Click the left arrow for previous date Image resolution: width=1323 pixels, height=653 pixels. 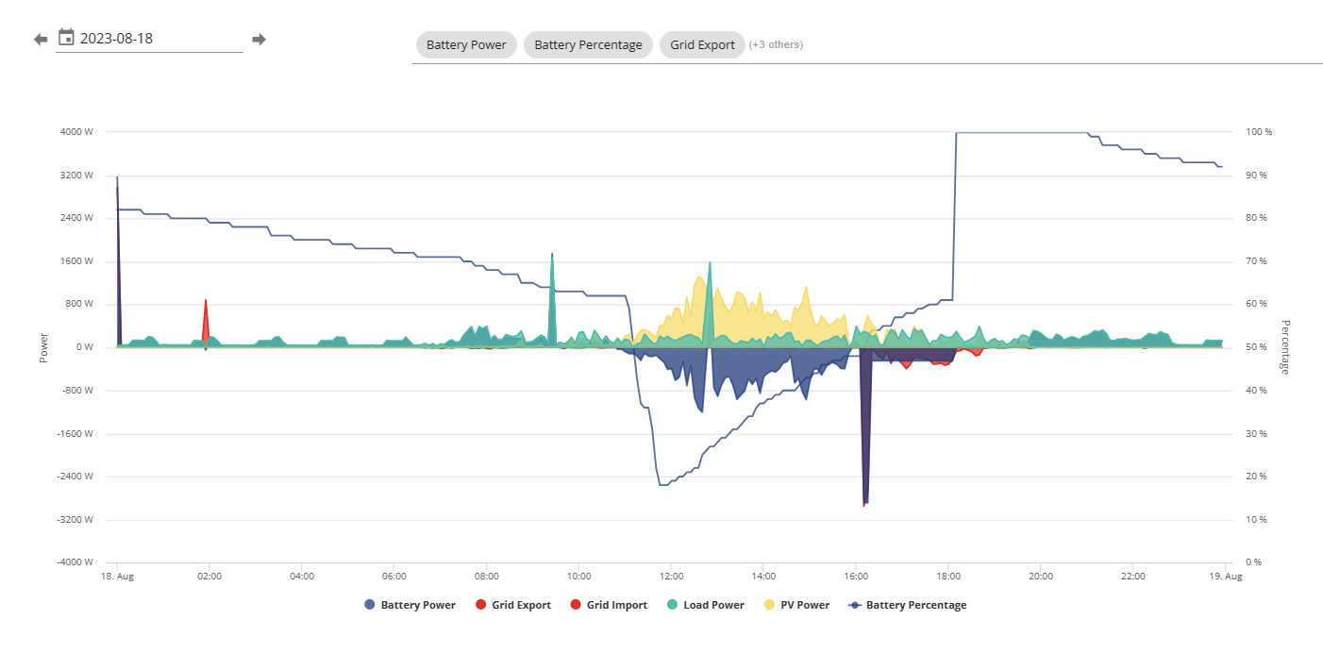click(41, 40)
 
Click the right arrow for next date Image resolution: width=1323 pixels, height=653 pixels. click(259, 40)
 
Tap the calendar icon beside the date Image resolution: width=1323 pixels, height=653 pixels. click(66, 37)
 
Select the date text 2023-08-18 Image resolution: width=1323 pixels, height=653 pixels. click(116, 39)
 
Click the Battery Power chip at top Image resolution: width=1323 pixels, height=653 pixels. click(466, 45)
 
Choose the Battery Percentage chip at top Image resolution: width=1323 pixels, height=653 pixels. click(588, 45)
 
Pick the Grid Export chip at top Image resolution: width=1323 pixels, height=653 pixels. click(702, 45)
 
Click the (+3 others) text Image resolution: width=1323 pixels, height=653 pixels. click(776, 45)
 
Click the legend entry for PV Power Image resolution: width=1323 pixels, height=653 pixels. click(796, 605)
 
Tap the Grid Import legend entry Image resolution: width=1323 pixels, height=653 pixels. click(609, 605)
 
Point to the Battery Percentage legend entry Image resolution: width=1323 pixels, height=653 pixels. click(907, 605)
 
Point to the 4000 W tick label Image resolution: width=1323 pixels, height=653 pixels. click(76, 132)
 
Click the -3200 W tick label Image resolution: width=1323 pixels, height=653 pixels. click(75, 520)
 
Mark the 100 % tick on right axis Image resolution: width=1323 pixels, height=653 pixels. click(1259, 132)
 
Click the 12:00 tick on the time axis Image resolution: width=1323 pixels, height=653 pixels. click(672, 577)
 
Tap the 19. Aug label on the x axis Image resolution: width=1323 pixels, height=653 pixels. click(1226, 577)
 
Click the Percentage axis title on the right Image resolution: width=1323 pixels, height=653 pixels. click(1285, 347)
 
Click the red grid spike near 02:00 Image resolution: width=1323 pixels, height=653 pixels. click(206, 322)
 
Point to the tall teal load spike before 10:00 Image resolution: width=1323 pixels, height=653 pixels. click(552, 298)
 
